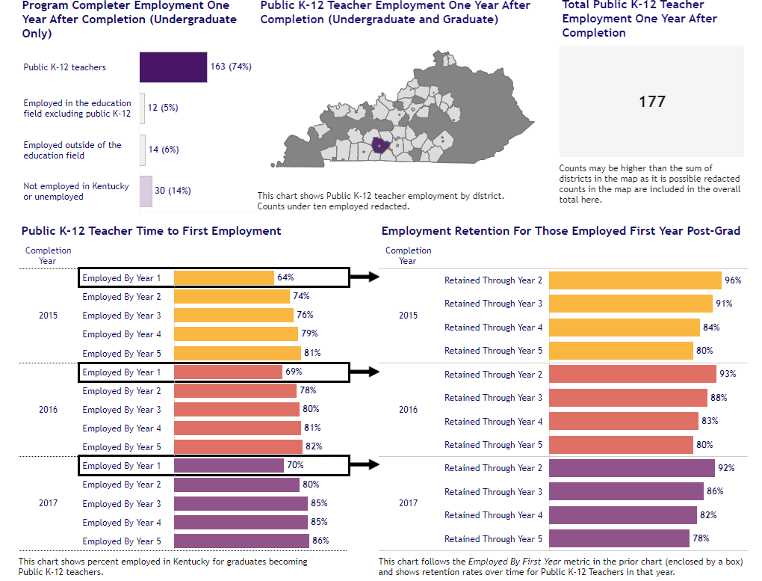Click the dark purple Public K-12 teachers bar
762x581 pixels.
tap(173, 67)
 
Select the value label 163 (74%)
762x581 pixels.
tap(231, 67)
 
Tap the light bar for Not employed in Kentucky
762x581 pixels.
tap(146, 191)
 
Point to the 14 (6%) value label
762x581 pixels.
tap(164, 150)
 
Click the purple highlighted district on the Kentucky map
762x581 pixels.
tap(380, 144)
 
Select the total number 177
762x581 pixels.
tap(651, 102)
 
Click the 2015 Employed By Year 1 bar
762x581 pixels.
tap(224, 278)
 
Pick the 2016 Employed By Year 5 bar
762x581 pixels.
tap(238, 447)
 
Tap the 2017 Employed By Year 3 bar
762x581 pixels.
tap(241, 503)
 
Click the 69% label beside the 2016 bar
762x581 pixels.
tap(294, 372)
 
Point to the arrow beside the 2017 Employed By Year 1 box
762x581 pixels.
tap(365, 466)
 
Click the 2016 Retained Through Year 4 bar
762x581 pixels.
tap(624, 421)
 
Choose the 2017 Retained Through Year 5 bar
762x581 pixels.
tap(619, 538)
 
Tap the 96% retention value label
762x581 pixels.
tap(733, 280)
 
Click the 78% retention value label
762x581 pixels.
tap(701, 538)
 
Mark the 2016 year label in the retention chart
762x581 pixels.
tap(408, 410)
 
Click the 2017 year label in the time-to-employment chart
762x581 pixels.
tap(48, 503)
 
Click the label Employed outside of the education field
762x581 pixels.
tap(72, 150)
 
